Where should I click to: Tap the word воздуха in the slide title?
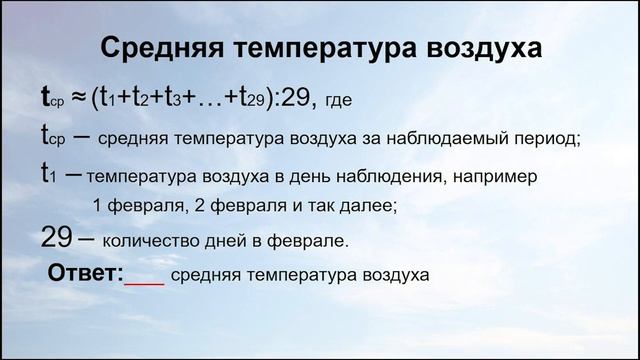(x=477, y=49)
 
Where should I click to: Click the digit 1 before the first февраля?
(x=97, y=206)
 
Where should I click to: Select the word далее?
(x=369, y=206)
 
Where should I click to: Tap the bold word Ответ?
(x=85, y=273)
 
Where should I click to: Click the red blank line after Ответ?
(x=144, y=283)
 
